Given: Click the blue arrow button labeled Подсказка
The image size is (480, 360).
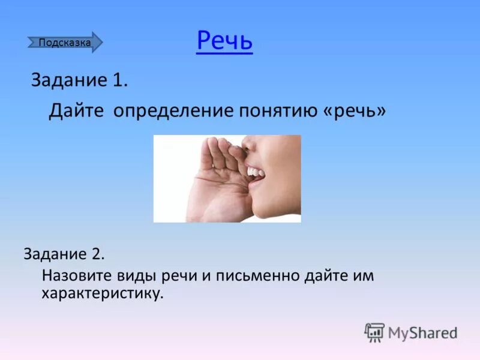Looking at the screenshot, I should click(x=65, y=43).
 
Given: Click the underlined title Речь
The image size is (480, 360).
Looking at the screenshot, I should click(x=224, y=41).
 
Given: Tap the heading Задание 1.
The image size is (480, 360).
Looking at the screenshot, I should click(x=79, y=81).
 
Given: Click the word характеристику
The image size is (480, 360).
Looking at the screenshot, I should click(x=102, y=294).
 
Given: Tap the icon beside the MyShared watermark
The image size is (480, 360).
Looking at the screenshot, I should click(x=374, y=332).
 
